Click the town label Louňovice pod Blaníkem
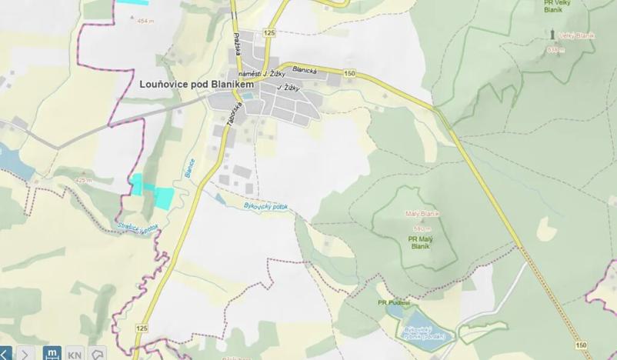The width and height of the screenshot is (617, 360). [x=197, y=85]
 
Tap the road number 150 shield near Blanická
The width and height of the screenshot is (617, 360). [x=350, y=73]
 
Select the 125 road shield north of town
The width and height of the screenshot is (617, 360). [x=268, y=32]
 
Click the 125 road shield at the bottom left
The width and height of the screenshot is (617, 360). [x=142, y=328]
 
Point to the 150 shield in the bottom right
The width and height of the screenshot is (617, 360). [x=580, y=345]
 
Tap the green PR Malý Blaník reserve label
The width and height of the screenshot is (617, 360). [x=420, y=242]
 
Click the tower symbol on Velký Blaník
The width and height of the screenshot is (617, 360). [x=552, y=35]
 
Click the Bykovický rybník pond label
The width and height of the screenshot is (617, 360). [x=420, y=332]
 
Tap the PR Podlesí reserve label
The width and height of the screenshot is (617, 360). [x=393, y=302]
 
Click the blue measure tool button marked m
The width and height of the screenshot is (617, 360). [x=52, y=354]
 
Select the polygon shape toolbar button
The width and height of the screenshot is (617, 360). [x=98, y=354]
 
